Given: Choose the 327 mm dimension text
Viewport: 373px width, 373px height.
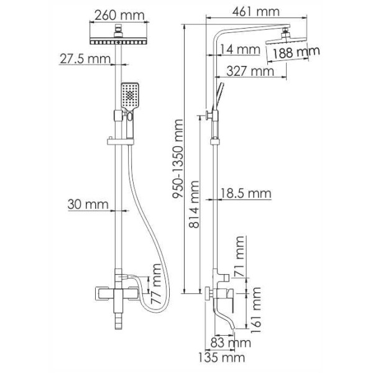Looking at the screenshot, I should coord(250,71).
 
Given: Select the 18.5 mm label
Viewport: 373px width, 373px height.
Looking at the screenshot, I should coord(246,194).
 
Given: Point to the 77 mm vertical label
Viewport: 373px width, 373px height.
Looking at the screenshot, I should coord(158,282).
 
